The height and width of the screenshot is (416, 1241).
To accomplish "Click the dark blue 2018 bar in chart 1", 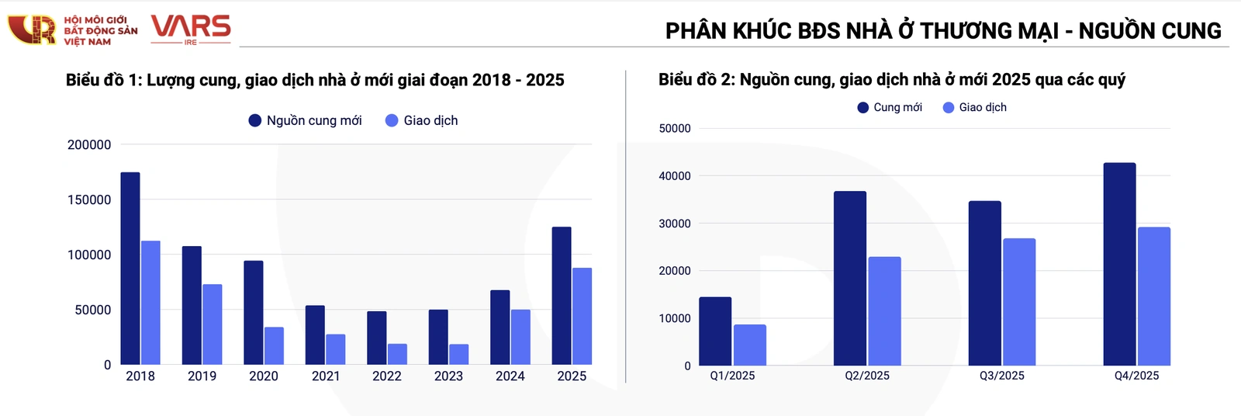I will point(130,269).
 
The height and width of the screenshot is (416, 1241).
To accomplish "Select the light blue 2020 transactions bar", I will point(274,346).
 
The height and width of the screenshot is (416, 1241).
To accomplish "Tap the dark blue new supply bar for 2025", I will point(562,296).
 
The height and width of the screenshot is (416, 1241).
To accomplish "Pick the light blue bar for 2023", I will point(458,355).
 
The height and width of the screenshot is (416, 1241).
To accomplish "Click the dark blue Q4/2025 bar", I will point(1119,264).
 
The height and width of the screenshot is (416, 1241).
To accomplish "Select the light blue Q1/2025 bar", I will point(749,345).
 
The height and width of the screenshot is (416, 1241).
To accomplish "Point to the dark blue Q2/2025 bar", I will point(850,279).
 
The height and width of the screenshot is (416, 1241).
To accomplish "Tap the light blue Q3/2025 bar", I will point(1019,302).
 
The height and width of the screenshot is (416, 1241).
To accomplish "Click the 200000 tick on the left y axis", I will point(89,144).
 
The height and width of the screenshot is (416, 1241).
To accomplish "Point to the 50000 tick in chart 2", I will point(674,129).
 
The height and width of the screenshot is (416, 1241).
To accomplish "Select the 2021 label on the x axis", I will point(326,376).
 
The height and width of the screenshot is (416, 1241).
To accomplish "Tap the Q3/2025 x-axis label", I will point(1001,376).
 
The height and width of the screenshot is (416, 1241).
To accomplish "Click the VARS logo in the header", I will point(191,29).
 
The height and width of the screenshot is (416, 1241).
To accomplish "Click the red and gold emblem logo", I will point(32,29).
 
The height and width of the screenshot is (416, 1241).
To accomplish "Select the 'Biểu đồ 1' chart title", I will point(315,80).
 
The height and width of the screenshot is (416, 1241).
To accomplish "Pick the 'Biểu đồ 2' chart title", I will point(891,79).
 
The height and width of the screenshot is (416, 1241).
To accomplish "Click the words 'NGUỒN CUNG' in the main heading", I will point(1149,31).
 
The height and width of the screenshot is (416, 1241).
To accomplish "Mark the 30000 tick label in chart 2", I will point(674,224).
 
